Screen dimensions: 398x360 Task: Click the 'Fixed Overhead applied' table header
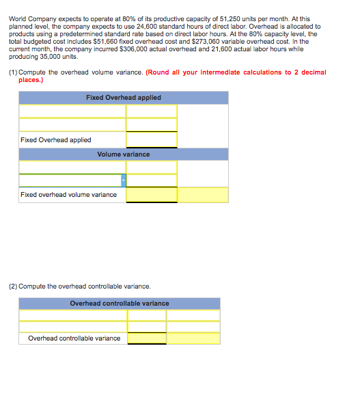coord(124,98)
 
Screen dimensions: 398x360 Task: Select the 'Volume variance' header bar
coord(124,155)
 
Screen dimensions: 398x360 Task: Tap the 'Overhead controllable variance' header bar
coord(120,303)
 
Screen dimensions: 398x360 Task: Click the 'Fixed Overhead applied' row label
coord(56,140)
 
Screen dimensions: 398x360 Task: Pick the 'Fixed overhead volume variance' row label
coord(68,195)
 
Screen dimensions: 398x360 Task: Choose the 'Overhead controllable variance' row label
coord(74,339)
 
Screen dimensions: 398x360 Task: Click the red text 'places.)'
coord(31,80)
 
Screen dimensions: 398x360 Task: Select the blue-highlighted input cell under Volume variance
coord(72,181)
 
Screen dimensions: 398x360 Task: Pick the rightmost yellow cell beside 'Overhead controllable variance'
coord(193,339)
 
